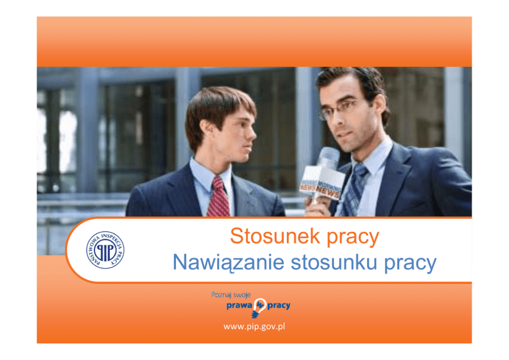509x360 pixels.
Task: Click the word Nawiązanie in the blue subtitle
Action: pyautogui.click(x=228, y=262)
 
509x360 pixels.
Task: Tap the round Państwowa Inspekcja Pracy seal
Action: pyautogui.click(x=105, y=250)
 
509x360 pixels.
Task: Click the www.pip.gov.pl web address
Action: pyautogui.click(x=254, y=326)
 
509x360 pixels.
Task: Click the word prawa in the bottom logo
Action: pyautogui.click(x=239, y=306)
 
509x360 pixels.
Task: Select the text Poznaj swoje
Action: pyautogui.click(x=231, y=295)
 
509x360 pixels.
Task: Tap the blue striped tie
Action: pyautogui.click(x=355, y=190)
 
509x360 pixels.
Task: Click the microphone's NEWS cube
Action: pyautogui.click(x=321, y=183)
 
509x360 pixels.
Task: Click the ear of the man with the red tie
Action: pyautogui.click(x=205, y=129)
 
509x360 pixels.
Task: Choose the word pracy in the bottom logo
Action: pyautogui.click(x=279, y=306)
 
